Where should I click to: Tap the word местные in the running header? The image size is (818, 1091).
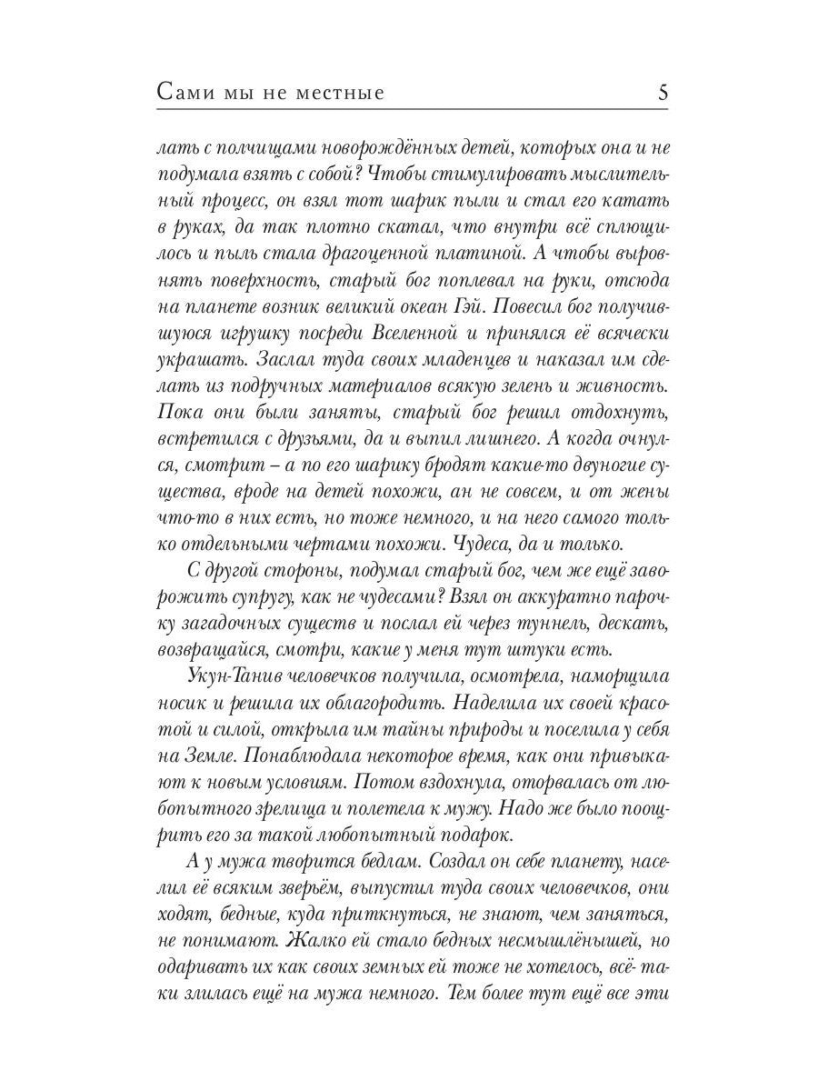341,93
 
